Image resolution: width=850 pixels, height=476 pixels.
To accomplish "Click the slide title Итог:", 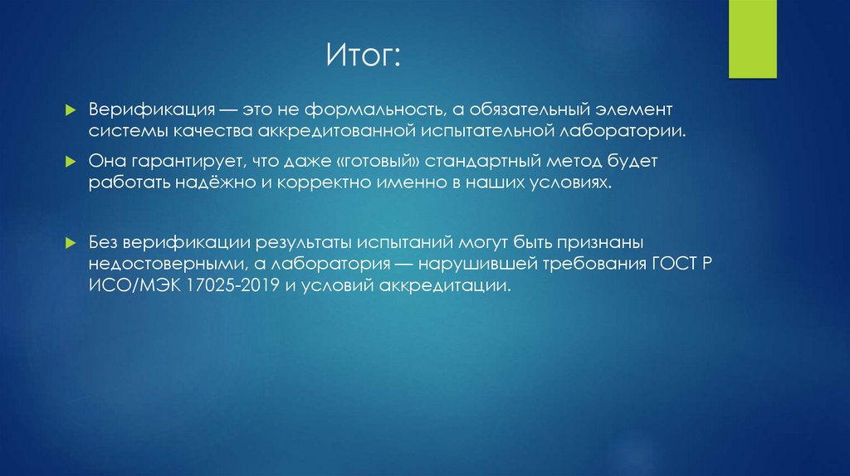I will pos(363,58).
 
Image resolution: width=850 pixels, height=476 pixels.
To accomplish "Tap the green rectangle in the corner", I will pos(753,38).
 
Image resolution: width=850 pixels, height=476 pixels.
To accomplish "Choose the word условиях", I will pos(572,182).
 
